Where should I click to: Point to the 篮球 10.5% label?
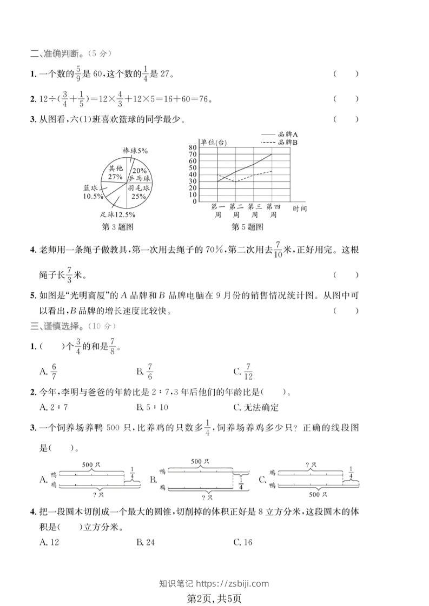point(93,192)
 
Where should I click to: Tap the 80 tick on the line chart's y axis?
point(193,147)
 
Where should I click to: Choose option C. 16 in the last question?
point(243,542)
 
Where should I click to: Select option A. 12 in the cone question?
point(49,542)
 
